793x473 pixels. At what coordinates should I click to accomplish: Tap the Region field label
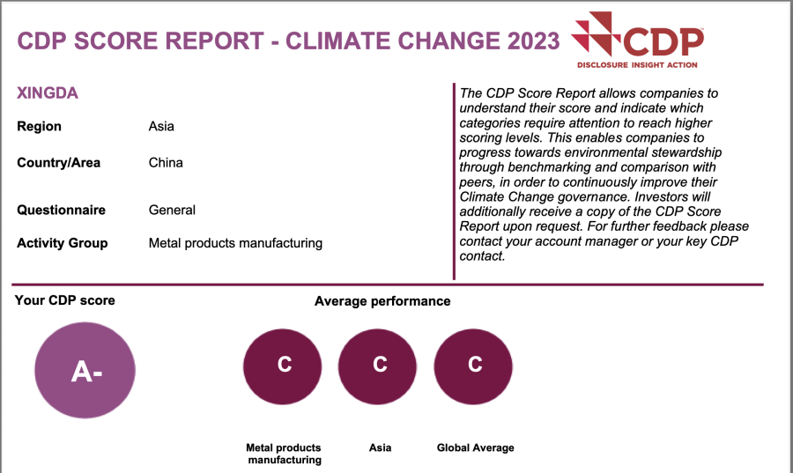click(x=40, y=126)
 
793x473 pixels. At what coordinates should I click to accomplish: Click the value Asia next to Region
click(x=161, y=126)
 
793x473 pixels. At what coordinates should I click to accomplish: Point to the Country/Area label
click(x=59, y=163)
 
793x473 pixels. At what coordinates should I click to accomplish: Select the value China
click(x=166, y=163)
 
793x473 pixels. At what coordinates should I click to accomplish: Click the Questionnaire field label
click(x=61, y=211)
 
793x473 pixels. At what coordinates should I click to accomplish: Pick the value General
click(x=172, y=211)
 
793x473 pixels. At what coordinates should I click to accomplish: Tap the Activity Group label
click(x=63, y=243)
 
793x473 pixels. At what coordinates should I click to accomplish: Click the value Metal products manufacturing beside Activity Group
click(x=235, y=243)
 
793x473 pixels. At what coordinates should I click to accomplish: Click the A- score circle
click(x=85, y=372)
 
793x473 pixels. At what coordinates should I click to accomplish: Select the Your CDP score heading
click(x=65, y=300)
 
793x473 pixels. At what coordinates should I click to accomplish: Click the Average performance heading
click(x=382, y=301)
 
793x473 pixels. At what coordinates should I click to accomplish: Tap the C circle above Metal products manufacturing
click(x=284, y=366)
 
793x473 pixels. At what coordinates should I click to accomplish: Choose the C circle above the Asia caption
click(x=379, y=366)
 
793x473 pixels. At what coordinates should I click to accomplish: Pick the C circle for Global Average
click(x=474, y=366)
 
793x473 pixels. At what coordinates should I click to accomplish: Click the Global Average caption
click(x=475, y=448)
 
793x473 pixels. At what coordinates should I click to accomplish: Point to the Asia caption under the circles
click(x=380, y=448)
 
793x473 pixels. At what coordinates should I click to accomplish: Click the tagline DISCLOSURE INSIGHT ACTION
click(x=637, y=65)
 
